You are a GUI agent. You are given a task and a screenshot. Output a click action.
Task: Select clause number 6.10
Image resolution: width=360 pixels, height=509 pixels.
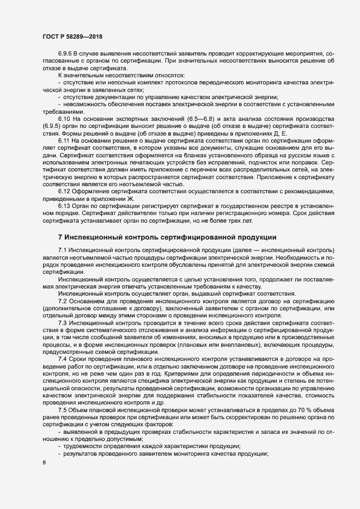click(64, 118)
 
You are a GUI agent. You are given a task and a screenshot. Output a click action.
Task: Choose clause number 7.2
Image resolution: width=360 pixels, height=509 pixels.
click(62, 301)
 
